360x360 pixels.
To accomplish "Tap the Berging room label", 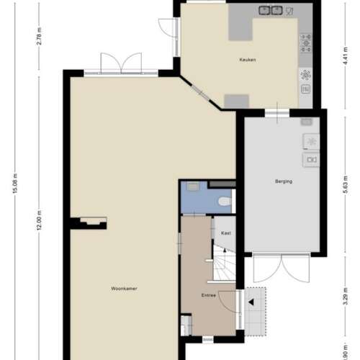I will (284, 181).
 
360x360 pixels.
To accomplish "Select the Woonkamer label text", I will (124, 288).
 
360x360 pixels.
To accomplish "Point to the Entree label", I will (209, 294).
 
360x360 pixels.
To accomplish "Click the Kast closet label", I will (225, 233).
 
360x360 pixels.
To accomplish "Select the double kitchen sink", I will (271, 10).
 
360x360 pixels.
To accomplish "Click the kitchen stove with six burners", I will (306, 43).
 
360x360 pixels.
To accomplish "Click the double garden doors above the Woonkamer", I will (120, 63).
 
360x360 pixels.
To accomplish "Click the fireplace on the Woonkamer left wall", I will (91, 222).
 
